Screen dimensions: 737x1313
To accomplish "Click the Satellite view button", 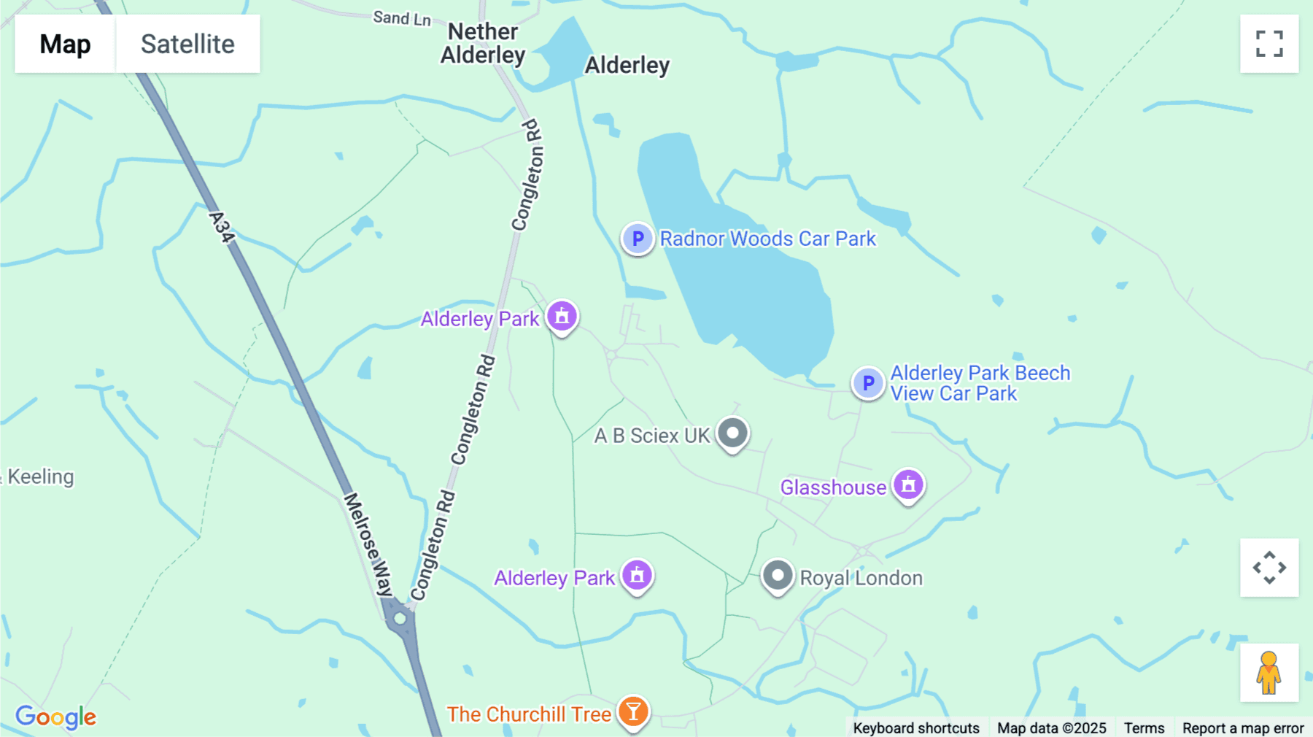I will pos(187,44).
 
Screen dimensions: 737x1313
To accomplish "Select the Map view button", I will pos(65,44).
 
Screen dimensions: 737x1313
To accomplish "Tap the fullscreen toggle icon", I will pos(1269,44).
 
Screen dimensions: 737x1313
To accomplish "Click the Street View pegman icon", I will pos(1269,673).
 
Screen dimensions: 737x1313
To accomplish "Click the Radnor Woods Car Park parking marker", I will pos(638,238).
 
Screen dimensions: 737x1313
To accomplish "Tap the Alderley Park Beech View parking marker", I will pos(868,382).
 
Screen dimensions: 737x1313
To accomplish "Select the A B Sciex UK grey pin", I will pos(732,433).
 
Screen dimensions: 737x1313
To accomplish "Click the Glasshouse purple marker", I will pos(908,485).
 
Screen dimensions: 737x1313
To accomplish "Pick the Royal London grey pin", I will pos(778,576).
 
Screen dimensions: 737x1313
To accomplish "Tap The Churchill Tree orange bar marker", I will pos(633,711).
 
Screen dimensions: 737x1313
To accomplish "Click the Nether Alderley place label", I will pos(483,44).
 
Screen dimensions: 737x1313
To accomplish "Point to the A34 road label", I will pos(221,227).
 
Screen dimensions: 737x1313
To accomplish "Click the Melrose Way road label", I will pos(368,544).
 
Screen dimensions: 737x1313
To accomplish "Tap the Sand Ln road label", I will pos(402,18).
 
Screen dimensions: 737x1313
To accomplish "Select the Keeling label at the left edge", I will pos(40,476).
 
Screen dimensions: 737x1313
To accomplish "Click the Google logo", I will pos(55,717).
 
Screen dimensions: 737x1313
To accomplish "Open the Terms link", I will pos(1144,728).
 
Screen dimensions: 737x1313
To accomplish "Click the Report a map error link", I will pos(1243,728).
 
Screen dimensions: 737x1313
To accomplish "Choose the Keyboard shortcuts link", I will pos(916,728).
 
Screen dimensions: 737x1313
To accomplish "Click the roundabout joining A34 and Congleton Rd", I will pos(400,619).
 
